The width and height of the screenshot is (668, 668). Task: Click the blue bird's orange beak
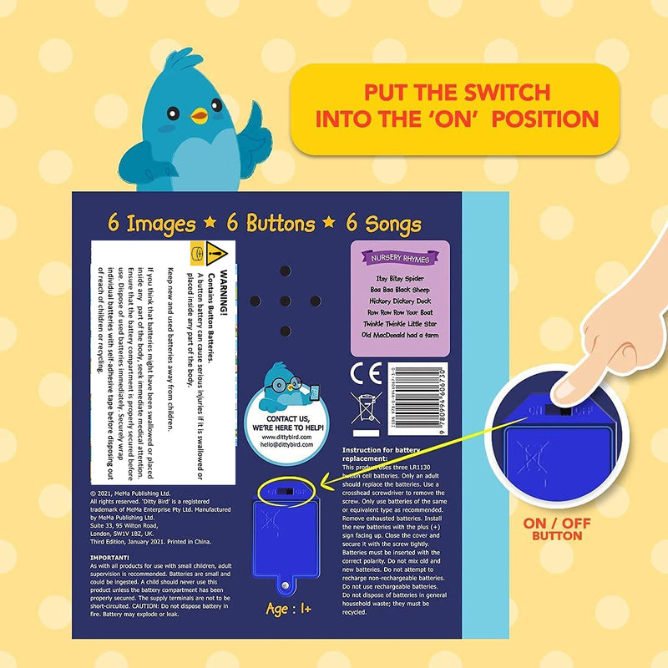point(199,115)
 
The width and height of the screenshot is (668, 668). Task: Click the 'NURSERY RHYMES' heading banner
point(399,257)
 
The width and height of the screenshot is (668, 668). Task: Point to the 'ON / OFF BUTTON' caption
point(557,529)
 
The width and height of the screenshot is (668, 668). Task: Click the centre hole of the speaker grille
point(283,301)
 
